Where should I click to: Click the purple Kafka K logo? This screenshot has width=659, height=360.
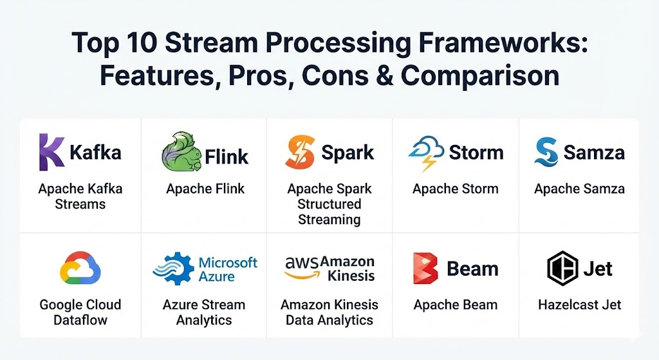(51, 153)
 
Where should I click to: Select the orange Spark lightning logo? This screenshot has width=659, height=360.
(301, 153)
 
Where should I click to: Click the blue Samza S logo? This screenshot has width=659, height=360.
(546, 152)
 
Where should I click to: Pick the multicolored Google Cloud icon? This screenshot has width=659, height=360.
(80, 268)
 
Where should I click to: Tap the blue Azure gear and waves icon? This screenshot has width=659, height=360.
(172, 269)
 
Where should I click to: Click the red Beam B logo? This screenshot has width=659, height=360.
(425, 269)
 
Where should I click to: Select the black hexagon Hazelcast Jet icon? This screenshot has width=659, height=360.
(562, 268)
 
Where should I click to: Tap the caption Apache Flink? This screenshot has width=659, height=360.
(205, 189)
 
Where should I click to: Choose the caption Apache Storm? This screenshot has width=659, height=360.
(456, 189)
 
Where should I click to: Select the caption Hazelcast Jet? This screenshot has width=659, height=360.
(580, 305)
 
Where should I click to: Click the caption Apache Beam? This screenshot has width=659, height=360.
(456, 305)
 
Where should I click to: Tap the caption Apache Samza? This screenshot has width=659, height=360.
(579, 189)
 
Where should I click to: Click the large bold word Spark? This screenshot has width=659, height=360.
(348, 153)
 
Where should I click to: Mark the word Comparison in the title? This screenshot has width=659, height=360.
(480, 75)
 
